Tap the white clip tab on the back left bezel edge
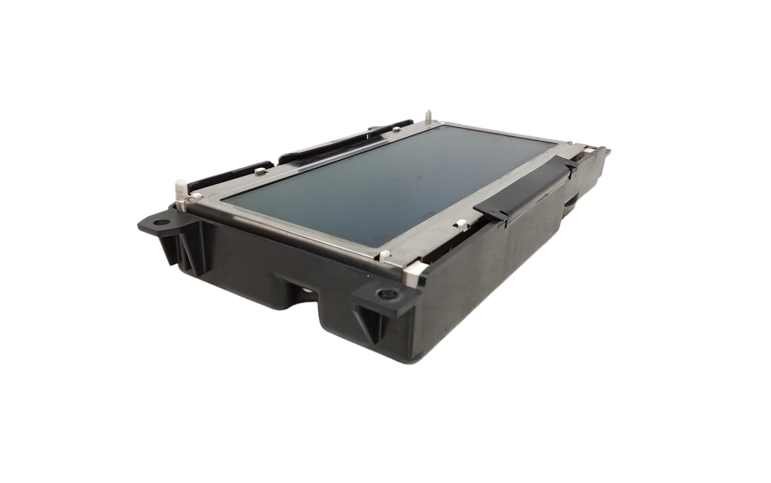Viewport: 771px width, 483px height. pos(259,169)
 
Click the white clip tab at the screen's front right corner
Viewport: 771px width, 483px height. pos(385,254)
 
